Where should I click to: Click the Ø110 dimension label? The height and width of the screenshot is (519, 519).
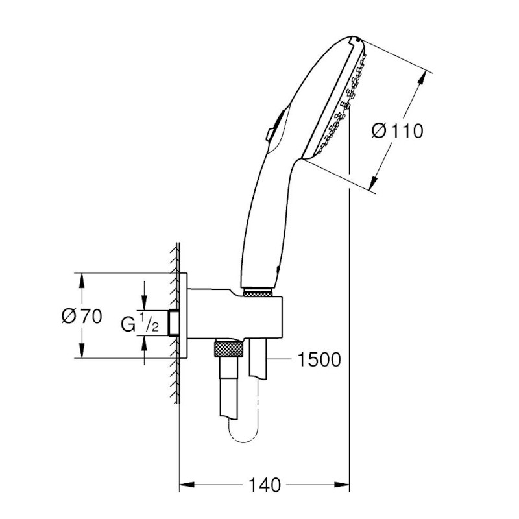tap(397, 130)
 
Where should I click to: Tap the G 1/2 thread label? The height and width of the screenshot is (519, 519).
tap(140, 322)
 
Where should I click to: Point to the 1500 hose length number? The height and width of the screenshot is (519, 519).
tap(319, 359)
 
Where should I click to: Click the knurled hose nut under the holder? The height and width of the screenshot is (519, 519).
tap(229, 350)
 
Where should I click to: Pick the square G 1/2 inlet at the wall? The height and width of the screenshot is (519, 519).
tap(173, 323)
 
